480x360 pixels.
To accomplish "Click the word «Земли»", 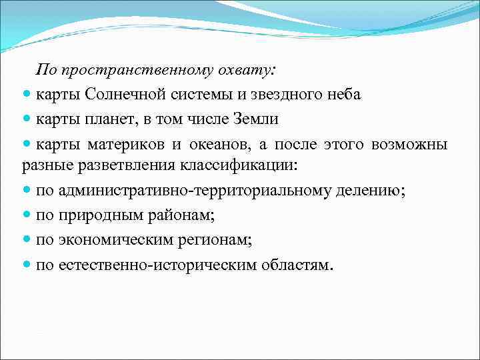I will pos(255,120).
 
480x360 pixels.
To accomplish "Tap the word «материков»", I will pos(127,145).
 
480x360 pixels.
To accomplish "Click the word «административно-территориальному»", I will pos(193,191).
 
